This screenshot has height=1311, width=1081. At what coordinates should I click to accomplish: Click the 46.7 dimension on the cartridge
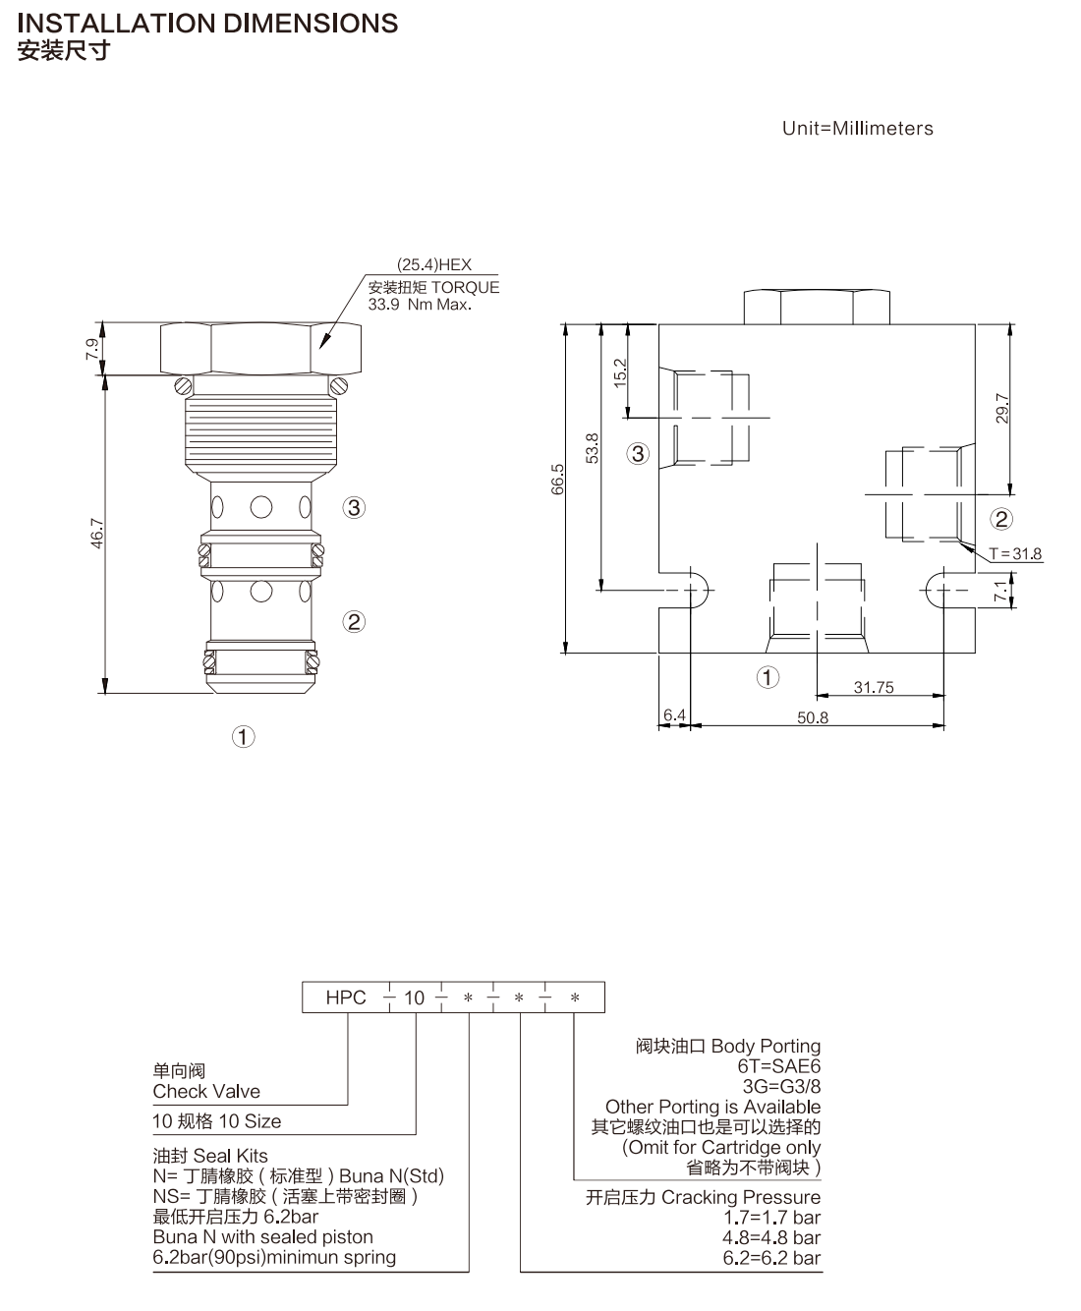(96, 533)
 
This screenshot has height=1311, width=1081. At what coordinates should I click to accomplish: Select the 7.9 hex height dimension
(92, 349)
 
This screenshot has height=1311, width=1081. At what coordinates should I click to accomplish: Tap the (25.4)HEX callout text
(433, 265)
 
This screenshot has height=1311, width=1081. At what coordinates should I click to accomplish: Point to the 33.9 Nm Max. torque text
(420, 305)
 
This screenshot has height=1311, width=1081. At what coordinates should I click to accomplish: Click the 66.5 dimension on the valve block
(557, 480)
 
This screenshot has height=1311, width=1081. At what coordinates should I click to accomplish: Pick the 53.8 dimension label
(592, 448)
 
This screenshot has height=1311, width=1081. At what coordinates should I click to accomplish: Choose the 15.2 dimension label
(619, 373)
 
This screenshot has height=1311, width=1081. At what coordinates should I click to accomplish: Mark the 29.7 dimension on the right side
(1002, 408)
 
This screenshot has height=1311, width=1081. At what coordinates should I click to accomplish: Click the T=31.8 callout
(1016, 554)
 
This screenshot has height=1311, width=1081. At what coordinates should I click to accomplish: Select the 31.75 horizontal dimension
(874, 688)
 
